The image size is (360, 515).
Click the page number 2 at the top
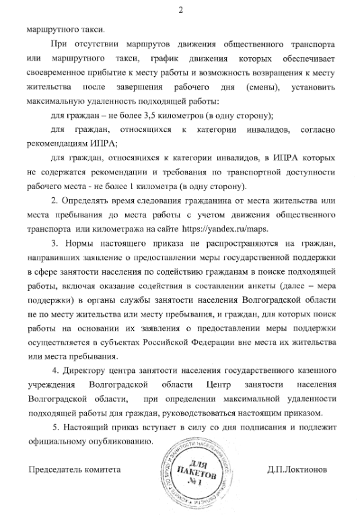coord(180,10)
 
